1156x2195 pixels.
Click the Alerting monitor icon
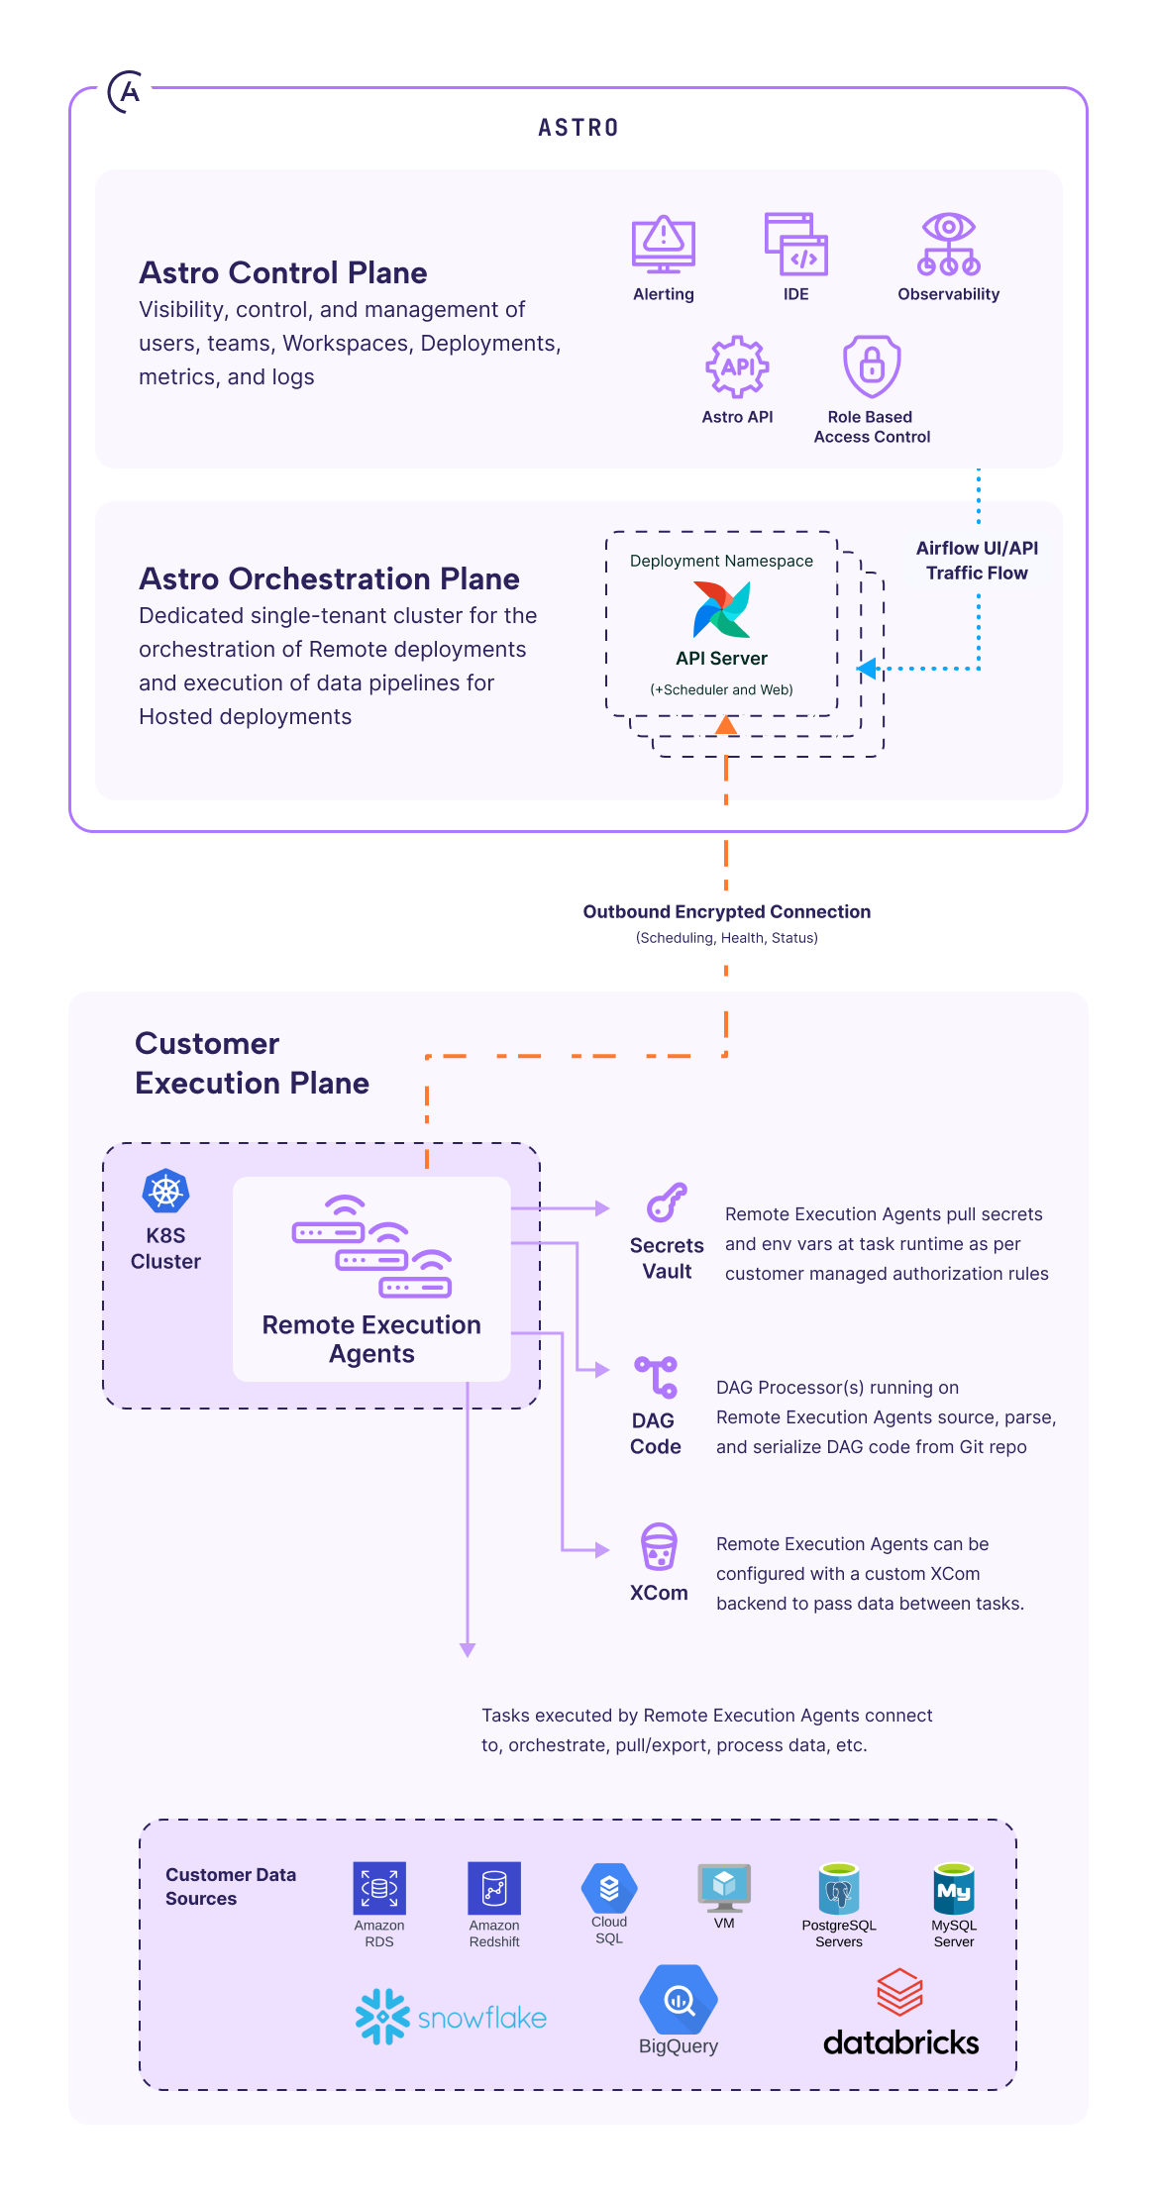[x=663, y=244]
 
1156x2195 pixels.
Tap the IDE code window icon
[x=795, y=244]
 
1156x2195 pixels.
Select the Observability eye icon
[x=948, y=244]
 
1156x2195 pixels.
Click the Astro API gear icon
[x=737, y=366]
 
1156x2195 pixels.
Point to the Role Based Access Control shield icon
[x=871, y=366]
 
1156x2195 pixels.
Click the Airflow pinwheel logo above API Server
[x=722, y=609]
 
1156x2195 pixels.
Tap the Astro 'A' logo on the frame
[x=126, y=92]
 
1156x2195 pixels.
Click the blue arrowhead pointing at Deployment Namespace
[x=868, y=669]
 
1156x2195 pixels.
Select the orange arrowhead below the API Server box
[x=726, y=726]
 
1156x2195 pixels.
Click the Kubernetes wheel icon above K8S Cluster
[x=165, y=1192]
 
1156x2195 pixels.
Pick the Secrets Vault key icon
[x=667, y=1202]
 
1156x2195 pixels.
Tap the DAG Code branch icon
[x=656, y=1377]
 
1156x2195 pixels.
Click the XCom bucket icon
[x=659, y=1546]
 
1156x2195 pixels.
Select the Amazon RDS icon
[x=379, y=1888]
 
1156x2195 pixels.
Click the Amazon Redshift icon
[x=494, y=1888]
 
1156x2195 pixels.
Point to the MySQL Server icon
[x=954, y=1888]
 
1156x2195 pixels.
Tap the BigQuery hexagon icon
[x=679, y=2000]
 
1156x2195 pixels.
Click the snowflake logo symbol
[x=382, y=2016]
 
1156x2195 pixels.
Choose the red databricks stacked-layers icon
[x=899, y=1993]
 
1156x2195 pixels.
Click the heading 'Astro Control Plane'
[x=283, y=272]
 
